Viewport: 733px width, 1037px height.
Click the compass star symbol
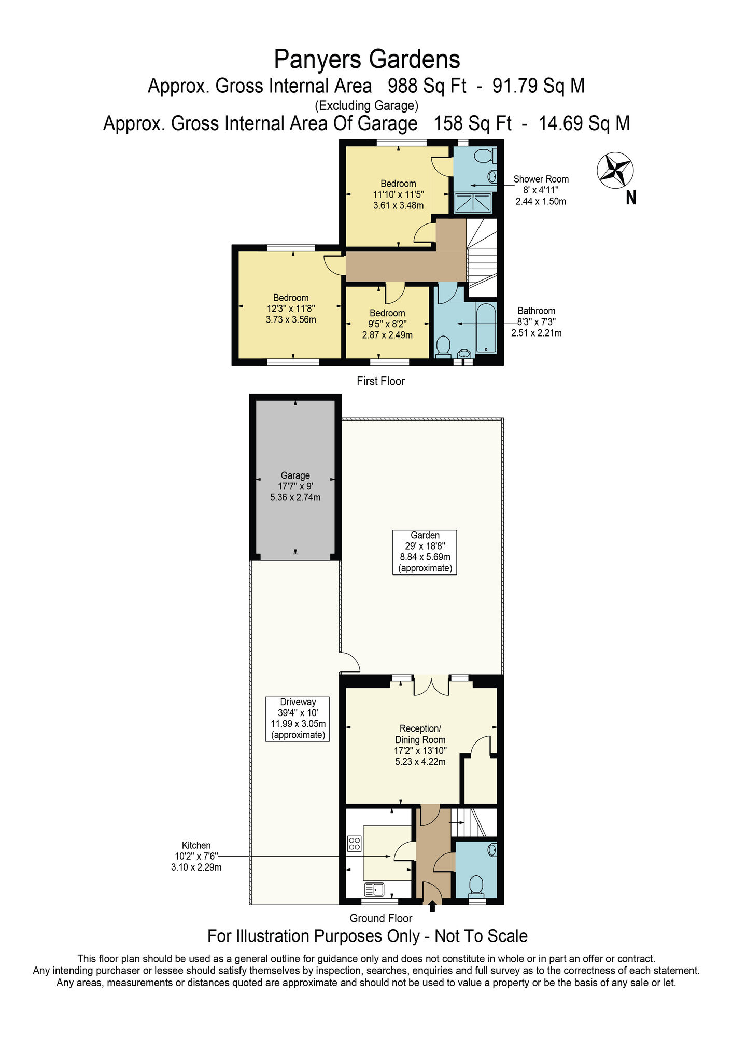point(615,170)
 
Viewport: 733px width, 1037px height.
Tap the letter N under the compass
point(631,198)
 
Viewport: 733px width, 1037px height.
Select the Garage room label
point(295,486)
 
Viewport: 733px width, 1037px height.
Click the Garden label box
point(425,552)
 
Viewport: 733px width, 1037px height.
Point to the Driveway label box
point(298,719)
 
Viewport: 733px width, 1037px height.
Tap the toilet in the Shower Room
point(485,155)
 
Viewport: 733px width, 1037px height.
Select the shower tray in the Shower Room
point(473,203)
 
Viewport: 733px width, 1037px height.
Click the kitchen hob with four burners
point(355,844)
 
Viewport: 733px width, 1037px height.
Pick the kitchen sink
point(374,890)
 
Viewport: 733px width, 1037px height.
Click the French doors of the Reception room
point(431,685)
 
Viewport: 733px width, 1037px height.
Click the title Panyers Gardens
point(367,59)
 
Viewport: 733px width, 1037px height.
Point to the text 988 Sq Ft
point(427,86)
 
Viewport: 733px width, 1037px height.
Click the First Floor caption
point(380,381)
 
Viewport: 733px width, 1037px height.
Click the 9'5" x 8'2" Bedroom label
point(387,324)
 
